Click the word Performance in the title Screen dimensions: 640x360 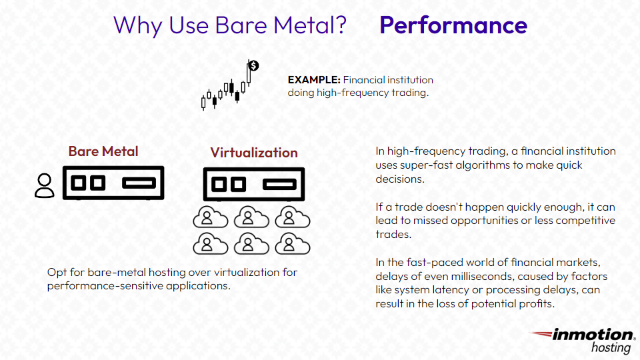tap(453, 25)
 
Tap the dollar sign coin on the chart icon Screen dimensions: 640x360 tap(253, 65)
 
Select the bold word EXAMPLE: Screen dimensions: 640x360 tap(314, 79)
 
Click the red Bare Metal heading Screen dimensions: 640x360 tap(103, 151)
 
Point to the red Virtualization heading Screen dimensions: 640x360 tap(254, 153)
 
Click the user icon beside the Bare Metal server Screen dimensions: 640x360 tap(45, 186)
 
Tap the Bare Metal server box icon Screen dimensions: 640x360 tap(113, 183)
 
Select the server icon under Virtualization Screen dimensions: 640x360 tap(254, 184)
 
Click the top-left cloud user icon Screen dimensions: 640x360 tap(210, 217)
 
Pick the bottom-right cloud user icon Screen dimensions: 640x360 tap(292, 244)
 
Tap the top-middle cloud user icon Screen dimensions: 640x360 tap(251, 217)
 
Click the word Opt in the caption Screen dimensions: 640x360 tap(56, 273)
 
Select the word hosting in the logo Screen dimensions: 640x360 tap(611, 348)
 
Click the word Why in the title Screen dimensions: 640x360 tap(137, 26)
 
